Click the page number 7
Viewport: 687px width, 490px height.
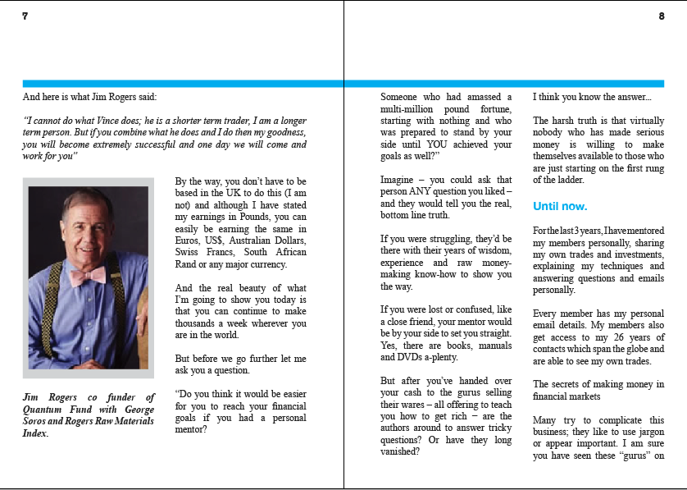tap(25, 16)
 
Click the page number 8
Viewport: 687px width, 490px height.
tap(662, 16)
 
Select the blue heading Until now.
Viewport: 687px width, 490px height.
tap(560, 206)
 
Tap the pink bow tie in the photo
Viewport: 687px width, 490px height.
tap(87, 276)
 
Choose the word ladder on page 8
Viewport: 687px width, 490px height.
tap(571, 180)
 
